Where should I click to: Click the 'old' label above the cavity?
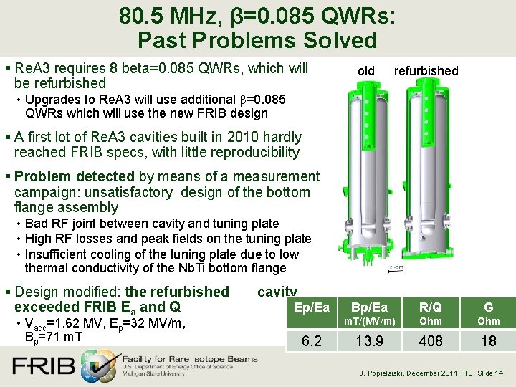point(365,70)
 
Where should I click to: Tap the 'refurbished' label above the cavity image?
point(426,70)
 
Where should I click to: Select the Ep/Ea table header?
point(312,308)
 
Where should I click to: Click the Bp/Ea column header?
point(369,308)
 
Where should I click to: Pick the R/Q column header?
point(431,308)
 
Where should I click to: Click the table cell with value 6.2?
point(312,341)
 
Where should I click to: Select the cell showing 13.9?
point(369,341)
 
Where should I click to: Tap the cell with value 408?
point(431,341)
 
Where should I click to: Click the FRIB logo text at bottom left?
point(43,366)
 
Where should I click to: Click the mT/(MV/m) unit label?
point(369,322)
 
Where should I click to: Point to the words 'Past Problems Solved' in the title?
point(257,41)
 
